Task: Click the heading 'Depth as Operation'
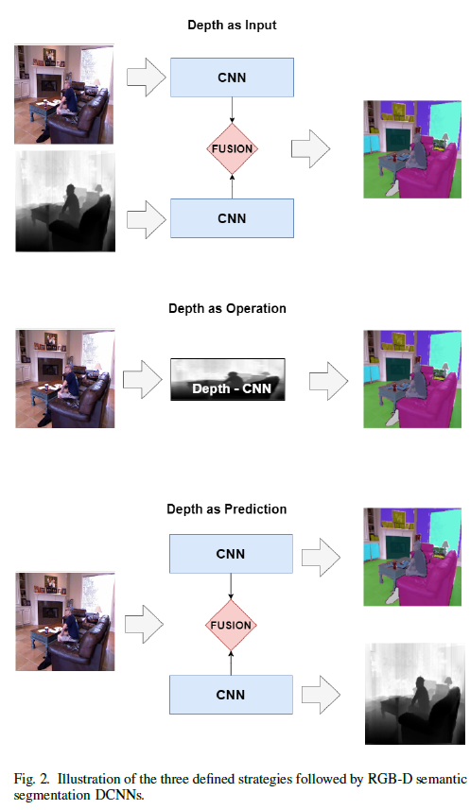[x=227, y=308]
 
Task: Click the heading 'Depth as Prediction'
[x=227, y=509]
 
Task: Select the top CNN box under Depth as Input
[x=231, y=77]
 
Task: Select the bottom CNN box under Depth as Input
[x=231, y=218]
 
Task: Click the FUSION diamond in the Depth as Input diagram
[x=232, y=148]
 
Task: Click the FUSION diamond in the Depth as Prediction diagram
[x=232, y=625]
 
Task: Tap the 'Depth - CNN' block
[x=228, y=379]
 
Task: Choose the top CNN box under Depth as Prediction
[x=231, y=553]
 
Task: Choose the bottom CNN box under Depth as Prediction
[x=231, y=695]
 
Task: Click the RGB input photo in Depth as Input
[x=64, y=94]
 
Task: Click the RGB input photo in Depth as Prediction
[x=64, y=621]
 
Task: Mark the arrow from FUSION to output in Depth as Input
[x=311, y=148]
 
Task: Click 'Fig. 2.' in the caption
[x=32, y=779]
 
